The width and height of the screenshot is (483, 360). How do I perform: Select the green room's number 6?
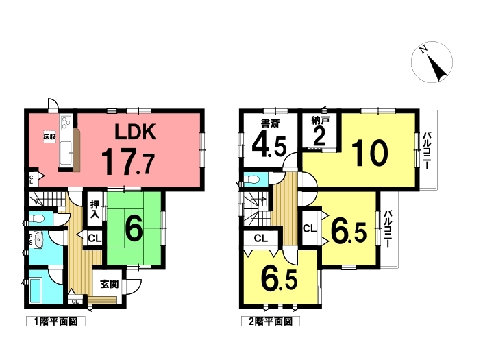coord(134,230)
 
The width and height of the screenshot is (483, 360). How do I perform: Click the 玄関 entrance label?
coord(110,283)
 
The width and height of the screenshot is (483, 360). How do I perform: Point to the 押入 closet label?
coord(95,211)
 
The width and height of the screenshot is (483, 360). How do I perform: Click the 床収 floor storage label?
coord(49,136)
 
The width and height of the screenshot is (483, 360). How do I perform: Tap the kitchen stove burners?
coord(67,125)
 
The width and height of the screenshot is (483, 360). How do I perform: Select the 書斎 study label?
coord(269,123)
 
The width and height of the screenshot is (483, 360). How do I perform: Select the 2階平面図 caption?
coord(269,321)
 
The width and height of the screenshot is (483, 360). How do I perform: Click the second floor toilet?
coord(253,181)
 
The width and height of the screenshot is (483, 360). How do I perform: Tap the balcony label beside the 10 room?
coord(426,152)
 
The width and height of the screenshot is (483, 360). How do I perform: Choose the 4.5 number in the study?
coord(269,146)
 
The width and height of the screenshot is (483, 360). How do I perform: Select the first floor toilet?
coord(38,219)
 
